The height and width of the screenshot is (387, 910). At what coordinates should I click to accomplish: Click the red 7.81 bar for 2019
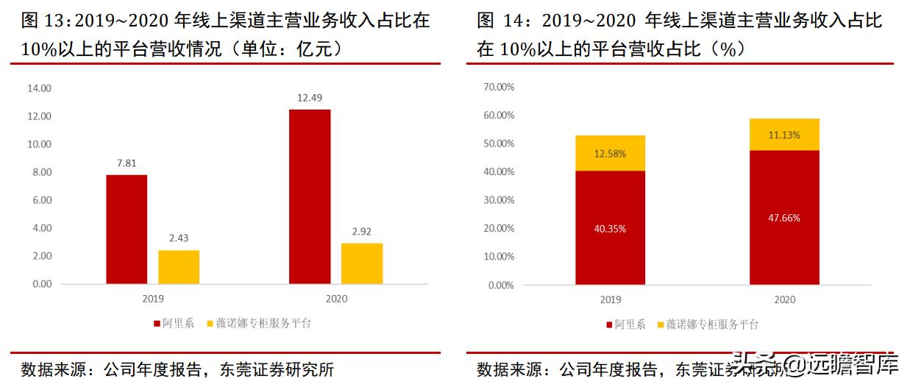tap(127, 229)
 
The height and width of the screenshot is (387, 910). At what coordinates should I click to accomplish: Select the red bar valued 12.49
tap(310, 196)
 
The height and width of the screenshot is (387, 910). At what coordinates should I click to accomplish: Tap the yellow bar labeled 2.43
tap(179, 267)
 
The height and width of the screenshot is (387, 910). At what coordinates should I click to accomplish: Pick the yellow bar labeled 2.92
tap(362, 263)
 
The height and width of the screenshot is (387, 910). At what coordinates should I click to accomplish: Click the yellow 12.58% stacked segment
tap(610, 153)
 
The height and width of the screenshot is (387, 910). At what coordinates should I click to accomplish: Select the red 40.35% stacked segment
tap(610, 228)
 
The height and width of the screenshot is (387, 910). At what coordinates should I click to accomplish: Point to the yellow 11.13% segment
tap(784, 135)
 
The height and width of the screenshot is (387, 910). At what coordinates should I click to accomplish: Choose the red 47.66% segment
tap(784, 218)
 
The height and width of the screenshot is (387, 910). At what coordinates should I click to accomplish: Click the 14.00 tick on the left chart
tap(39, 88)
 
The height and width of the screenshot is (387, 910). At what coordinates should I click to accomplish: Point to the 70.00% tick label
tap(499, 87)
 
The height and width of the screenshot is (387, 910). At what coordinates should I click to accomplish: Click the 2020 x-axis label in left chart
tap(335, 299)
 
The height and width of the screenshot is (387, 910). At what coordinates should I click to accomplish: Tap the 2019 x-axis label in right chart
tap(610, 299)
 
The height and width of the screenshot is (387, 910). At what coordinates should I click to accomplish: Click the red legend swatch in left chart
tap(157, 323)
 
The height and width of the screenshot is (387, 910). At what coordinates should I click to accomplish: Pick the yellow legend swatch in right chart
tap(660, 324)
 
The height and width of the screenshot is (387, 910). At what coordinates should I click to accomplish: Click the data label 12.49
tap(310, 98)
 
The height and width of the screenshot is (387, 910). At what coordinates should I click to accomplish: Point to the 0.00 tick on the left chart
tap(41, 284)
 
